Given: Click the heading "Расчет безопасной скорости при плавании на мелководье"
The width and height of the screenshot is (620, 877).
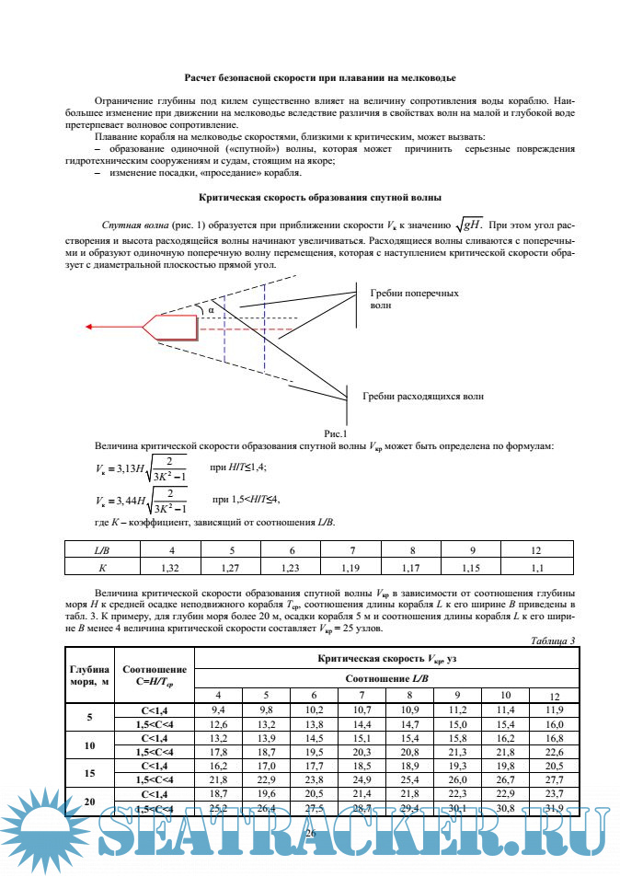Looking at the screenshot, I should [x=320, y=80].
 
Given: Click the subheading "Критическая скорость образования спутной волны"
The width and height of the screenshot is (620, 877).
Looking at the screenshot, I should [x=320, y=197].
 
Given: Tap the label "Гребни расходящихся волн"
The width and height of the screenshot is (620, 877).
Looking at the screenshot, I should [x=422, y=396].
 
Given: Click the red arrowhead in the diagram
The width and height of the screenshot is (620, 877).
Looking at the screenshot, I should [x=89, y=326].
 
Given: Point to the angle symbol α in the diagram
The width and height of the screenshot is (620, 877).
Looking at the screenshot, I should [x=211, y=310].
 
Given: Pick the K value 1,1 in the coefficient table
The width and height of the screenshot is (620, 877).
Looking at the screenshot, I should [x=538, y=568].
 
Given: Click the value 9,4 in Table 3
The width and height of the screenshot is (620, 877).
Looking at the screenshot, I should [x=218, y=710].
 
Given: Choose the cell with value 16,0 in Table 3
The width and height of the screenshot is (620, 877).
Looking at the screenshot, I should [x=554, y=725].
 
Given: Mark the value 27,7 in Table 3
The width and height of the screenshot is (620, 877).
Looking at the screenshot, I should [x=554, y=779].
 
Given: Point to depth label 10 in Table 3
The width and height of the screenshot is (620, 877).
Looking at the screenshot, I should [x=89, y=745].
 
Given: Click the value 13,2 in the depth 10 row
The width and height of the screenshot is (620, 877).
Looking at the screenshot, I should [x=218, y=738].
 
